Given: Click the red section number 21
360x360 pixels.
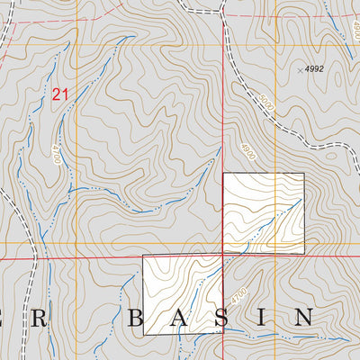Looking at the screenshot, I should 60,94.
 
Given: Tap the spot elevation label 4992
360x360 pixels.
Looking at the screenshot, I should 313,68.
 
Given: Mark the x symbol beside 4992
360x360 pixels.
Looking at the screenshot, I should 300,69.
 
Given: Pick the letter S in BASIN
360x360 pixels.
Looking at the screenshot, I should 226,318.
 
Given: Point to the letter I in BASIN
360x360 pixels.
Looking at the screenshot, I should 265,318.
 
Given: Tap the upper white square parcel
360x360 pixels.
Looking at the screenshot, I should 263,212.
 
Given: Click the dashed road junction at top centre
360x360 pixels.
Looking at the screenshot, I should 220,11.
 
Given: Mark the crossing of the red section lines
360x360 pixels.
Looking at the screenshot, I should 223,256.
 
